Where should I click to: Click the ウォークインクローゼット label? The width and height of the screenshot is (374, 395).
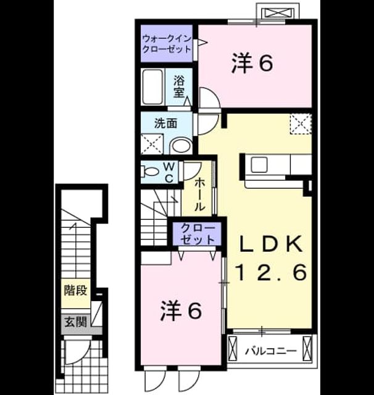coord(167,44)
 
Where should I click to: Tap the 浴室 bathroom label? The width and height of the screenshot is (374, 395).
coord(178,86)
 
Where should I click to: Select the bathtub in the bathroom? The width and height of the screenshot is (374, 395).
coord(152,86)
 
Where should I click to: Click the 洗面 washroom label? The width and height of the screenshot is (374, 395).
coord(166,123)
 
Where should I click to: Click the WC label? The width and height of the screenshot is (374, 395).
coord(169,173)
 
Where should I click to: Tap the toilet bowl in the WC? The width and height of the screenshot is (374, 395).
coord(149,172)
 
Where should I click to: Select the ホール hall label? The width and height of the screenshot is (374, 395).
coord(200,194)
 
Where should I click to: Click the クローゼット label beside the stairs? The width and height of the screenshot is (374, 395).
coord(198,233)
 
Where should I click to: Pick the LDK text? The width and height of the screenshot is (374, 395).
coord(271,244)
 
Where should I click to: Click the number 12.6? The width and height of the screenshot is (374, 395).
coord(271,272)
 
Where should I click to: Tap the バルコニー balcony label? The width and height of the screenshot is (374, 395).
coord(271,351)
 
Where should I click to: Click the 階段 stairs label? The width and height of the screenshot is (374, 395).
coord(75,290)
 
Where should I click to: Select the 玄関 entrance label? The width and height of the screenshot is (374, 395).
coord(75,322)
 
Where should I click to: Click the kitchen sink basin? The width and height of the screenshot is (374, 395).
coord(259,164)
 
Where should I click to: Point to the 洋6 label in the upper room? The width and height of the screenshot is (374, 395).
coord(252,63)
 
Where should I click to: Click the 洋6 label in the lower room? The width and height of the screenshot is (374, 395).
coord(181,310)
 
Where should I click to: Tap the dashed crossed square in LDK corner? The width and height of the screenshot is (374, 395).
coord(301,124)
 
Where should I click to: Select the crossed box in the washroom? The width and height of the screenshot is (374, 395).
coord(152,144)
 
